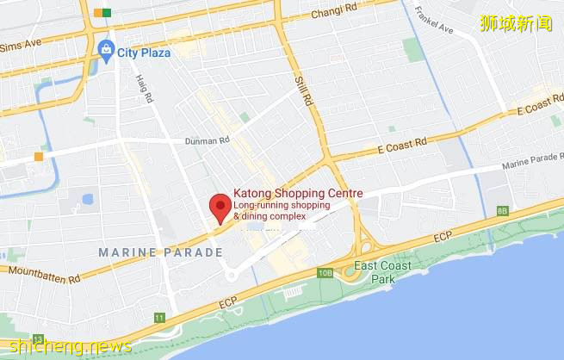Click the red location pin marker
click(220, 207)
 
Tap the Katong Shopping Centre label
click(298, 194)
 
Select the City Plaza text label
click(144, 52)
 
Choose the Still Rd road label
click(304, 89)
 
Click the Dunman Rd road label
click(207, 140)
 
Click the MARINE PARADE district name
click(160, 252)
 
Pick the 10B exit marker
click(325, 273)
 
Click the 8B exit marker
click(502, 211)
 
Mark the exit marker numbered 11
click(159, 318)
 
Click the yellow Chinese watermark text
click(515, 23)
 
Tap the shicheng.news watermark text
click(66, 346)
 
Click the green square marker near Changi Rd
click(107, 12)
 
